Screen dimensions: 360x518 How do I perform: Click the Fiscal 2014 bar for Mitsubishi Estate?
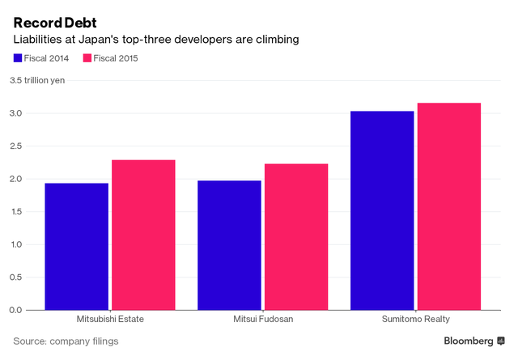coord(77,246)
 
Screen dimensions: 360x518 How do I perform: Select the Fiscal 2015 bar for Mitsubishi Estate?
coord(143,235)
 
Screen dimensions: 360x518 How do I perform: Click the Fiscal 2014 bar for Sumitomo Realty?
coord(382,210)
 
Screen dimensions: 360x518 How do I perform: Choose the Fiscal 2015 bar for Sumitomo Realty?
coord(448,205)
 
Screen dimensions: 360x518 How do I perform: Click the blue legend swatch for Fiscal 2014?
coord(18,57)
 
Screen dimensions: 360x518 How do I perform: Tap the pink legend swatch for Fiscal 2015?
coord(87,57)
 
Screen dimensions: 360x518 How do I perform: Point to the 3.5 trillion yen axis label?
coord(36,80)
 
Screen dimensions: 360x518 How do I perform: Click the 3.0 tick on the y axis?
coord(17,113)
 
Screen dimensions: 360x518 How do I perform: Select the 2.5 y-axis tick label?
coord(17,146)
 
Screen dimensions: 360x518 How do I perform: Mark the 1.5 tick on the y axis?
coord(17,212)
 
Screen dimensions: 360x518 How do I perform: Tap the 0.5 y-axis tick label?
coord(17,277)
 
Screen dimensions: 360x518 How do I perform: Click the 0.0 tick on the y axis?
coord(17,310)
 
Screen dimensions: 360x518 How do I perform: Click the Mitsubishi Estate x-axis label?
coord(110,320)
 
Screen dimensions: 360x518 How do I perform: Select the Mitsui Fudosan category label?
coord(263,320)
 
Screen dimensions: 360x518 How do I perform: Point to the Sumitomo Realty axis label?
coord(415,320)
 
